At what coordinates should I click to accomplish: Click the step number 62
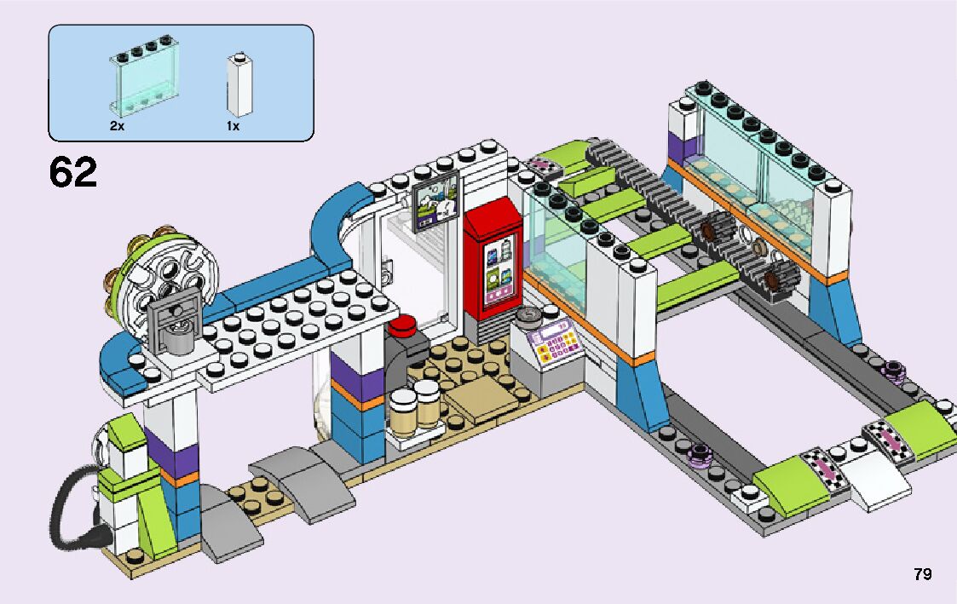[73, 173]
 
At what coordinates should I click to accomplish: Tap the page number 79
[922, 574]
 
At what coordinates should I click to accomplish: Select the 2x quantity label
[117, 126]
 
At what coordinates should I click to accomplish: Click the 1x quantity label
[233, 126]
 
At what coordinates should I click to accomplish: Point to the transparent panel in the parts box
[139, 83]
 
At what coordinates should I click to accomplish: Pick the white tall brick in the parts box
[239, 85]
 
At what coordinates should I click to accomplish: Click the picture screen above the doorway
[435, 201]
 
